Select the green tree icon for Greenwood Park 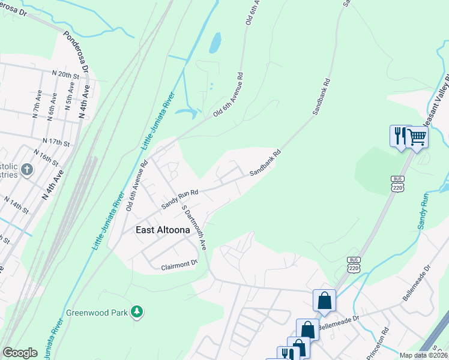coord(138,311)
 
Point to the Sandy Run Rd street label coord(179,197)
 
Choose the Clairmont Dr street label coord(179,263)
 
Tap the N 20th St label coord(66,74)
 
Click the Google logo coord(20,352)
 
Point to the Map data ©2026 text coord(423,355)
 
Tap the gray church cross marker coord(26,170)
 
